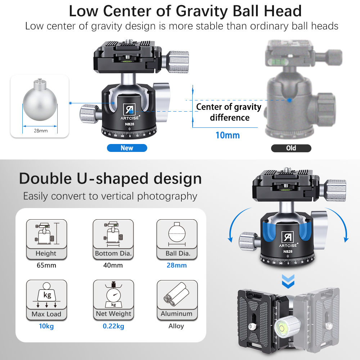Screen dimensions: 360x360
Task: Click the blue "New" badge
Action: pyautogui.click(x=127, y=148)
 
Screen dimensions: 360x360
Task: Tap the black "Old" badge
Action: pyautogui.click(x=291, y=148)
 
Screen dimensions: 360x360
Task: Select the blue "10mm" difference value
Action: pyautogui.click(x=228, y=135)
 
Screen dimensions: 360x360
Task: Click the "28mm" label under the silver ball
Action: pyautogui.click(x=41, y=131)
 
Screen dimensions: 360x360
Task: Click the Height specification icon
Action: pyautogui.click(x=46, y=233)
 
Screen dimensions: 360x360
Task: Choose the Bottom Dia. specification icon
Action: pyautogui.click(x=113, y=234)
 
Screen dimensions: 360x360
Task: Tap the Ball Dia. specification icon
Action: pyautogui.click(x=177, y=234)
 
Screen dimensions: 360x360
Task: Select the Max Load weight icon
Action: pyautogui.click(x=46, y=295)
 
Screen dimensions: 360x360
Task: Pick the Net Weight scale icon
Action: pyautogui.click(x=113, y=294)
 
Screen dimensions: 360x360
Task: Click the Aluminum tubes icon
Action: pyautogui.click(x=176, y=294)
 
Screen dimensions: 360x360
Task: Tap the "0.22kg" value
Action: pyautogui.click(x=113, y=326)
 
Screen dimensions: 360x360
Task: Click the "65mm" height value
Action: pyautogui.click(x=46, y=265)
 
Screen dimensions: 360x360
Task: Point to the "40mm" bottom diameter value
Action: pyautogui.click(x=113, y=265)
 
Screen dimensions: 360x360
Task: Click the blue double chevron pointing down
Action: pyautogui.click(x=288, y=281)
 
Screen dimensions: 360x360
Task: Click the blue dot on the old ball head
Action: pyautogui.click(x=290, y=100)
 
